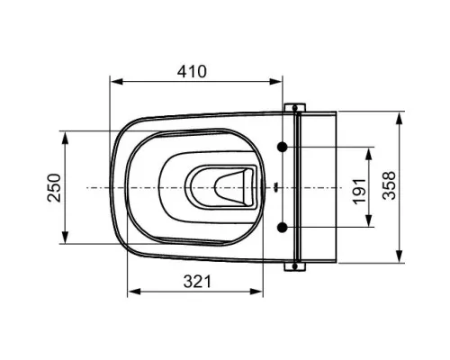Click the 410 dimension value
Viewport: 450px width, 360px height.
point(192,71)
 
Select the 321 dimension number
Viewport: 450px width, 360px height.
point(197,282)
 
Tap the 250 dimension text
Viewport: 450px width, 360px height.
point(55,187)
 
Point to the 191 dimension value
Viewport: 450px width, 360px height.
point(359,192)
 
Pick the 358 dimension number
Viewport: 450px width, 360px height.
point(389,185)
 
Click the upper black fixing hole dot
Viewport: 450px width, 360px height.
point(282,147)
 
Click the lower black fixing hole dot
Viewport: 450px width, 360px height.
point(282,228)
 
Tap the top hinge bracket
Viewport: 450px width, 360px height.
point(295,107)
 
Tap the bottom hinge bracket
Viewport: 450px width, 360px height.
point(295,266)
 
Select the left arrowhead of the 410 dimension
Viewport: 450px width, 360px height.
point(117,81)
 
